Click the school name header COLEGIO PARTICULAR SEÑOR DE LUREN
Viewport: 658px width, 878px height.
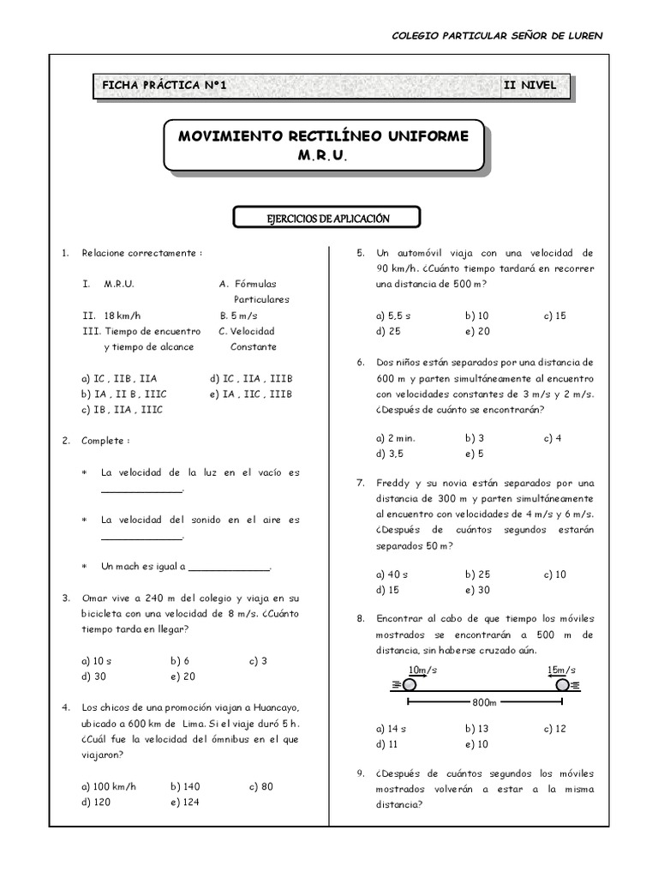coord(496,36)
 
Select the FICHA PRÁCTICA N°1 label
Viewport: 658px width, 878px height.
coord(163,85)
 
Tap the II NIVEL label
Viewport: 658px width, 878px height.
coord(531,85)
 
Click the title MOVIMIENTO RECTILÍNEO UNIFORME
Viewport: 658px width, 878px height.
coord(323,137)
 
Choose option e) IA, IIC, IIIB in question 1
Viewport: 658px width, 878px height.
coord(251,394)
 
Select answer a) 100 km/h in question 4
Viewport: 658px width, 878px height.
coord(109,786)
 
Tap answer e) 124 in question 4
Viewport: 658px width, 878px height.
coord(184,803)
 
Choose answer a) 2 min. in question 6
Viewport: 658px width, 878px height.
coord(395,437)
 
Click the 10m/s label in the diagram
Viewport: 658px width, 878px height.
coord(422,669)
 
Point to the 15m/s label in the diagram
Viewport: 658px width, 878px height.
coord(560,669)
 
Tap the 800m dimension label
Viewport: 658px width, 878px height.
coord(484,702)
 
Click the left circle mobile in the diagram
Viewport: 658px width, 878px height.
coord(409,684)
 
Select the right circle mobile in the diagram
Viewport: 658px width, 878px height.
coord(562,684)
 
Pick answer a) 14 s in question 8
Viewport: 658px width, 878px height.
coord(392,728)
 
